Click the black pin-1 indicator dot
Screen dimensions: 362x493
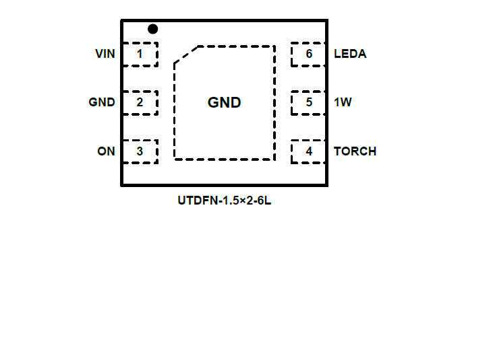pos(153,29)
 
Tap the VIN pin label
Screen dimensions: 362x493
pos(105,54)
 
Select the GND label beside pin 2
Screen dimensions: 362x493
pos(102,103)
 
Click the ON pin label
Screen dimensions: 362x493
pos(106,151)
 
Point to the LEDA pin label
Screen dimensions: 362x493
pos(350,54)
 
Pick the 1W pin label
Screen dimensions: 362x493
pos(343,103)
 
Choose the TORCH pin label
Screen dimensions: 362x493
pos(355,151)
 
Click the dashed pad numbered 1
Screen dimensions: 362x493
pos(140,54)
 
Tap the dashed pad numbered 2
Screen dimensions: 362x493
pos(140,103)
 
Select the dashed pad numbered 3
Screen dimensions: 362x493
pos(140,151)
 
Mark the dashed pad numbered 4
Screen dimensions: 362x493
pos(309,151)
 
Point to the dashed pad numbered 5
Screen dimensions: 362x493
pos(309,103)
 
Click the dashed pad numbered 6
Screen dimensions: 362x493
pos(309,54)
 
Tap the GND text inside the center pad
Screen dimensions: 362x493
pos(224,103)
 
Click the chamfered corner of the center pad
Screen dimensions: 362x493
pos(185,55)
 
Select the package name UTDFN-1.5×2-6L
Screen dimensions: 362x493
pos(225,201)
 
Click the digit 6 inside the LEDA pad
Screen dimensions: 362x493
pos(309,54)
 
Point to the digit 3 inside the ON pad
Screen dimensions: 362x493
pos(140,151)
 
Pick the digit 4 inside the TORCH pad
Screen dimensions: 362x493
pos(309,151)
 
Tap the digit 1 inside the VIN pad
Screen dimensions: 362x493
pos(140,54)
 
